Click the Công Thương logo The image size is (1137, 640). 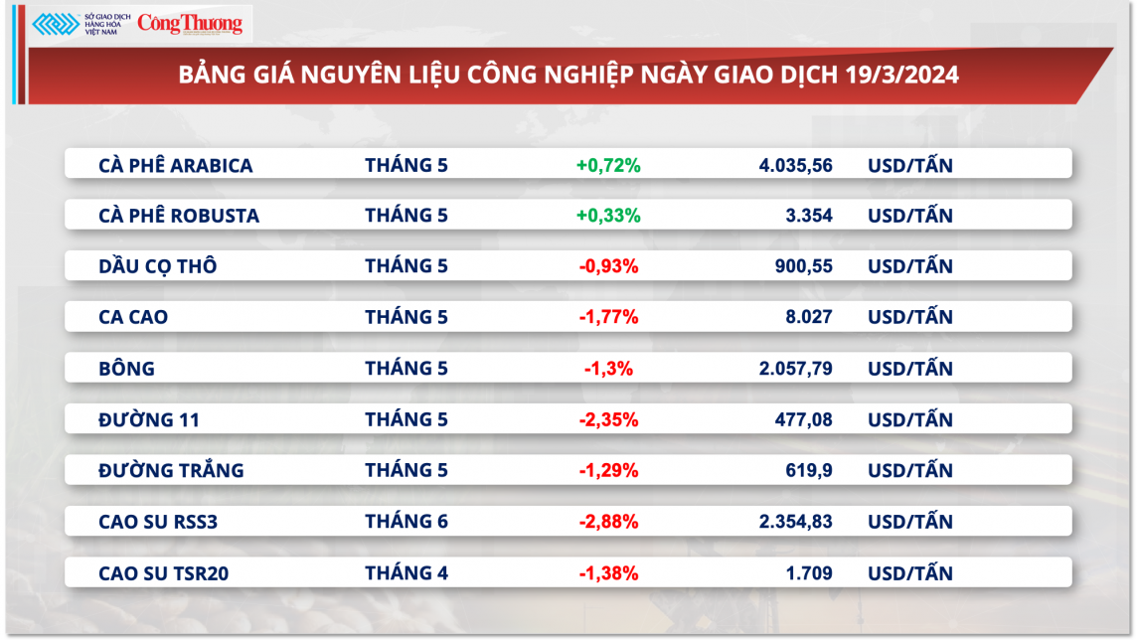click(189, 24)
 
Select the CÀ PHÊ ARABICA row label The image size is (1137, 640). click(176, 165)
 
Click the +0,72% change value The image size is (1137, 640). click(608, 165)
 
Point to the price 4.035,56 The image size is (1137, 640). click(795, 165)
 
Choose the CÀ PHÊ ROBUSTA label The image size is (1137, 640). click(179, 216)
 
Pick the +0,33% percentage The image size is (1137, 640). click(608, 216)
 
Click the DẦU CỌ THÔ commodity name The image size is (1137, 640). click(158, 266)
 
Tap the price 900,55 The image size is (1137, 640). click(803, 266)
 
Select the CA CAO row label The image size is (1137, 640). click(134, 317)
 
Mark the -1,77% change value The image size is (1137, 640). click(608, 317)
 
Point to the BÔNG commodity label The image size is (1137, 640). click(127, 369)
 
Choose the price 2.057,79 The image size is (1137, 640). click(795, 369)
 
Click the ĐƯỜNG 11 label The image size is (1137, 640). click(149, 419)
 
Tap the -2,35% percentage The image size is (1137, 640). click(608, 419)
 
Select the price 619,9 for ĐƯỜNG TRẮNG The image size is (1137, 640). click(809, 470)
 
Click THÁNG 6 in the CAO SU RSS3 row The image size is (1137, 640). click(406, 522)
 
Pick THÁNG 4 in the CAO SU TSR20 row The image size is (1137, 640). click(406, 572)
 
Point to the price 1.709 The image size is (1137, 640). click(808, 572)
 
